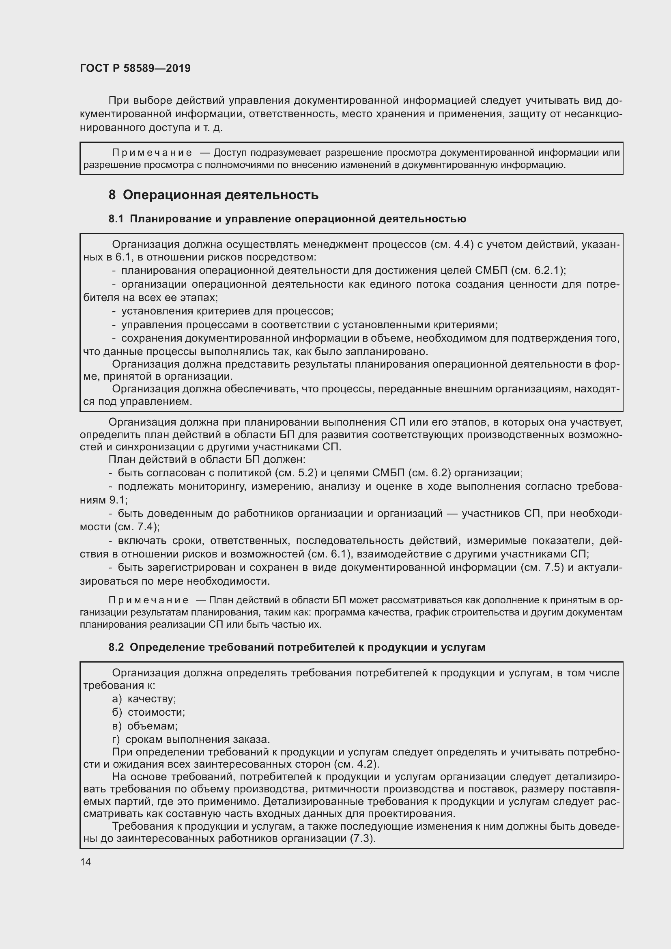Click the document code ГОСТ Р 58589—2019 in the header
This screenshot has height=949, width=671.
pyautogui.click(x=135, y=68)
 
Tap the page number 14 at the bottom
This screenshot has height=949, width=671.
pyautogui.click(x=86, y=862)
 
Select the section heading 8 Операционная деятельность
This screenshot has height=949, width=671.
pyautogui.click(x=213, y=195)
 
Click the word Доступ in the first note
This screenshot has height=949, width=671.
pyautogui.click(x=230, y=153)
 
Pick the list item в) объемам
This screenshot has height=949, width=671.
pyautogui.click(x=144, y=726)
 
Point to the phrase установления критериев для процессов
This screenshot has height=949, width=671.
pyautogui.click(x=227, y=311)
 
